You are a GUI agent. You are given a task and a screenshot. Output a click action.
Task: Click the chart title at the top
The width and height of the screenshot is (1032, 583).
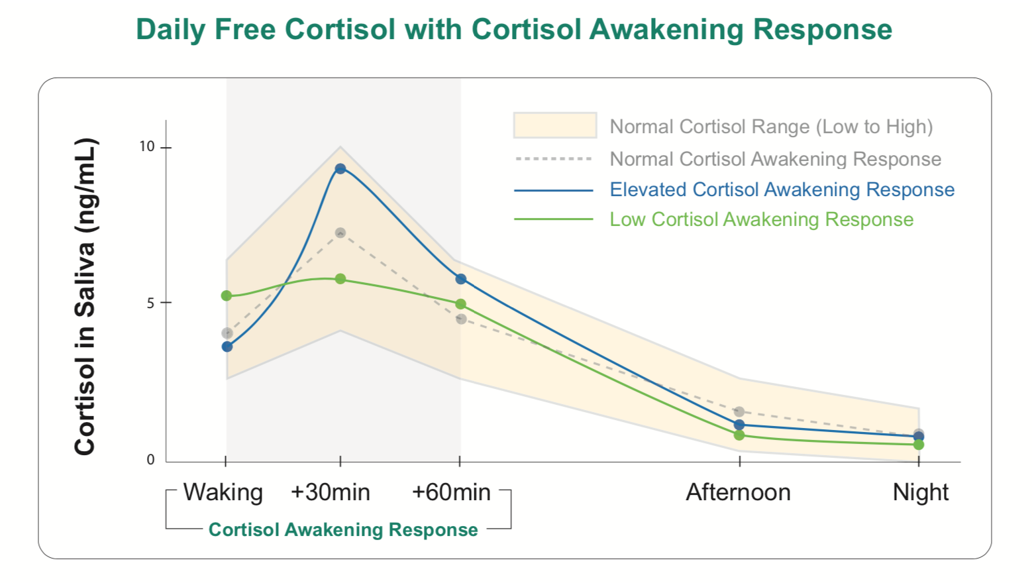click(x=514, y=30)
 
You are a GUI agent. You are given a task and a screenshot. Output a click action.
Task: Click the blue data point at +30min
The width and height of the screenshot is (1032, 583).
click(x=340, y=169)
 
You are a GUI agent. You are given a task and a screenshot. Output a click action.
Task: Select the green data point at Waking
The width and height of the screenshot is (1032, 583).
click(x=227, y=295)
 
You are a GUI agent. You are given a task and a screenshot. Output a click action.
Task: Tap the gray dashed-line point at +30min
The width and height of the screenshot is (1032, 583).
click(x=340, y=233)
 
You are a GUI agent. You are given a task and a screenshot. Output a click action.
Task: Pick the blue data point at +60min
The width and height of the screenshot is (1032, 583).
click(x=461, y=280)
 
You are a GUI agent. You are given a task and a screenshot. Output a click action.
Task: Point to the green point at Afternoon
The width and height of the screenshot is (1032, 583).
click(x=739, y=435)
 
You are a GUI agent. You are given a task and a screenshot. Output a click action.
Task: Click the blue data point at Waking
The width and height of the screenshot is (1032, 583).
click(x=227, y=346)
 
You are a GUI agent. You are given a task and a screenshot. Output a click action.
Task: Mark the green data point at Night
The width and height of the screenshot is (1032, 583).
click(x=919, y=445)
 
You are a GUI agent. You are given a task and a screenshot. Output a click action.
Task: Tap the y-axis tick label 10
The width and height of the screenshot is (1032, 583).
click(x=146, y=146)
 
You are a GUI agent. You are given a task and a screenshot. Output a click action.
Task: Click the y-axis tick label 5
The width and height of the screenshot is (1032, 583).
click(x=150, y=303)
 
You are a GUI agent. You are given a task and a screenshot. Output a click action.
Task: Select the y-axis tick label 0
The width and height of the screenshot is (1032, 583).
click(x=150, y=460)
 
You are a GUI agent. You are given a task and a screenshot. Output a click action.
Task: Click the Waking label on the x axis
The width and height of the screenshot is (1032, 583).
click(x=223, y=492)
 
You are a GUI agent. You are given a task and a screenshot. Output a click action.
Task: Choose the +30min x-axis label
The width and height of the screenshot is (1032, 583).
click(x=331, y=492)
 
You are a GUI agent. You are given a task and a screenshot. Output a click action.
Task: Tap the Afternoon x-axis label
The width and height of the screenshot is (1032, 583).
click(x=739, y=492)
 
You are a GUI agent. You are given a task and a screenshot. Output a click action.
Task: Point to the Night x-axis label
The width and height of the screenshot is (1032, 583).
click(x=921, y=492)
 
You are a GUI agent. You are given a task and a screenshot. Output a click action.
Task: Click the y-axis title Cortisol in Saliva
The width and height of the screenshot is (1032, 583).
click(x=85, y=297)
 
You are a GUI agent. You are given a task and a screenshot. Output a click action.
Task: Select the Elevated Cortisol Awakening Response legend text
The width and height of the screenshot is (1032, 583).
click(x=782, y=189)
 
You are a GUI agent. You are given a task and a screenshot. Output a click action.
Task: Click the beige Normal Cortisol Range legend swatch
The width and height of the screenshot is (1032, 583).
click(x=555, y=125)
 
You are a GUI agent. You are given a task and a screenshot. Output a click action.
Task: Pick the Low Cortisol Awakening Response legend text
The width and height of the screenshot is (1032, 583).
click(x=761, y=219)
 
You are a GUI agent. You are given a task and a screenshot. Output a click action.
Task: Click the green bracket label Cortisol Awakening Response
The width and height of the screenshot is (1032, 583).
click(x=343, y=529)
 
